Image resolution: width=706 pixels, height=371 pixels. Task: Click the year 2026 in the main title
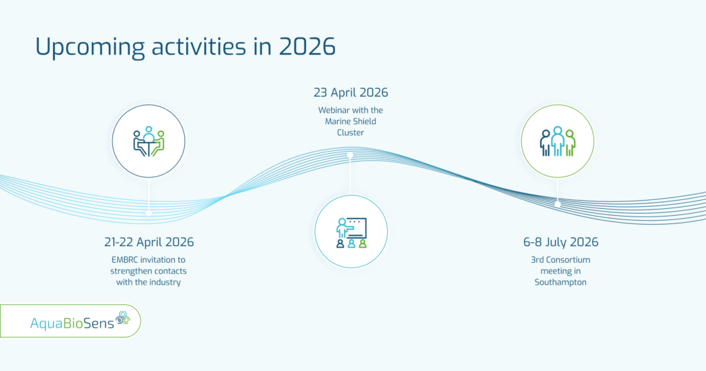307,46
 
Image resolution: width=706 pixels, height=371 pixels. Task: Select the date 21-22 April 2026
149,242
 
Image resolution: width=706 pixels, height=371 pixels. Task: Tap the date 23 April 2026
351,92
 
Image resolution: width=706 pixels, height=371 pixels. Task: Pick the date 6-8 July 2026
561,242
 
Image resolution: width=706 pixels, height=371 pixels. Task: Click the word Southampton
560,283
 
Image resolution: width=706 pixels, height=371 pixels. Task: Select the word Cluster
350,133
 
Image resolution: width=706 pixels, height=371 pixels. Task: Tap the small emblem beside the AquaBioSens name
123,318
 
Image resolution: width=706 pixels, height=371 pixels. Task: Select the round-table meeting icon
149,141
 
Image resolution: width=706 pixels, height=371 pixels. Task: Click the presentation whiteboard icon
352,233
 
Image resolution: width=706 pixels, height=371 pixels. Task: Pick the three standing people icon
557,141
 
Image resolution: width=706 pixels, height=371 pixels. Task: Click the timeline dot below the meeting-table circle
149,213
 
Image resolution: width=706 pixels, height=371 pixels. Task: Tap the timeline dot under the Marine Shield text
350,155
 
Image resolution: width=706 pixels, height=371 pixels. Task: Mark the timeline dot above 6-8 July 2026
557,204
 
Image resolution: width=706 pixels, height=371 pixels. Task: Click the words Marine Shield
350,121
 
